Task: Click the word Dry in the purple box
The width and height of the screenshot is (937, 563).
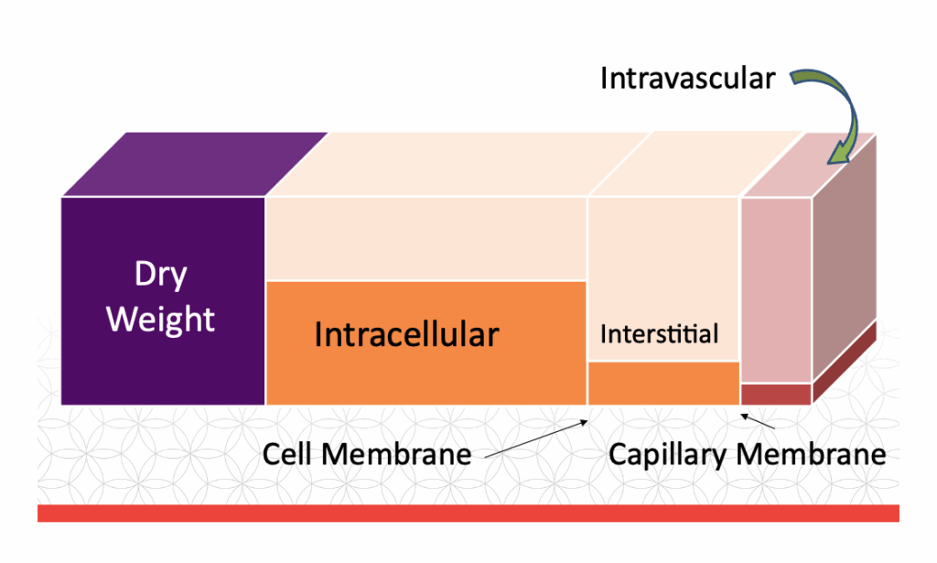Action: point(161,274)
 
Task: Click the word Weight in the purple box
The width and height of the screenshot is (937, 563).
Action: point(161,319)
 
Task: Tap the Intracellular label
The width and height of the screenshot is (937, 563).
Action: point(406,334)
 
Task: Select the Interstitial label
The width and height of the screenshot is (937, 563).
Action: point(659,334)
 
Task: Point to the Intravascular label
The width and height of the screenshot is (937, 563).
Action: point(687,79)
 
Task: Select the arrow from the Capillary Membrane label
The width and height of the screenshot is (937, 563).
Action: point(759,422)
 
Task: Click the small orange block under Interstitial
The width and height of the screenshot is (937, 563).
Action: point(663,383)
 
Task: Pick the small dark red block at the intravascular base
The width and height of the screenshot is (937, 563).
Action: point(776,394)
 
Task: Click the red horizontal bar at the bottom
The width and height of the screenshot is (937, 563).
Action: point(468,513)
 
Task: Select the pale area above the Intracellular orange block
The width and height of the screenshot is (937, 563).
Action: point(425,238)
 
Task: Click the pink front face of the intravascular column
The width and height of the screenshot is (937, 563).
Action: point(776,288)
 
